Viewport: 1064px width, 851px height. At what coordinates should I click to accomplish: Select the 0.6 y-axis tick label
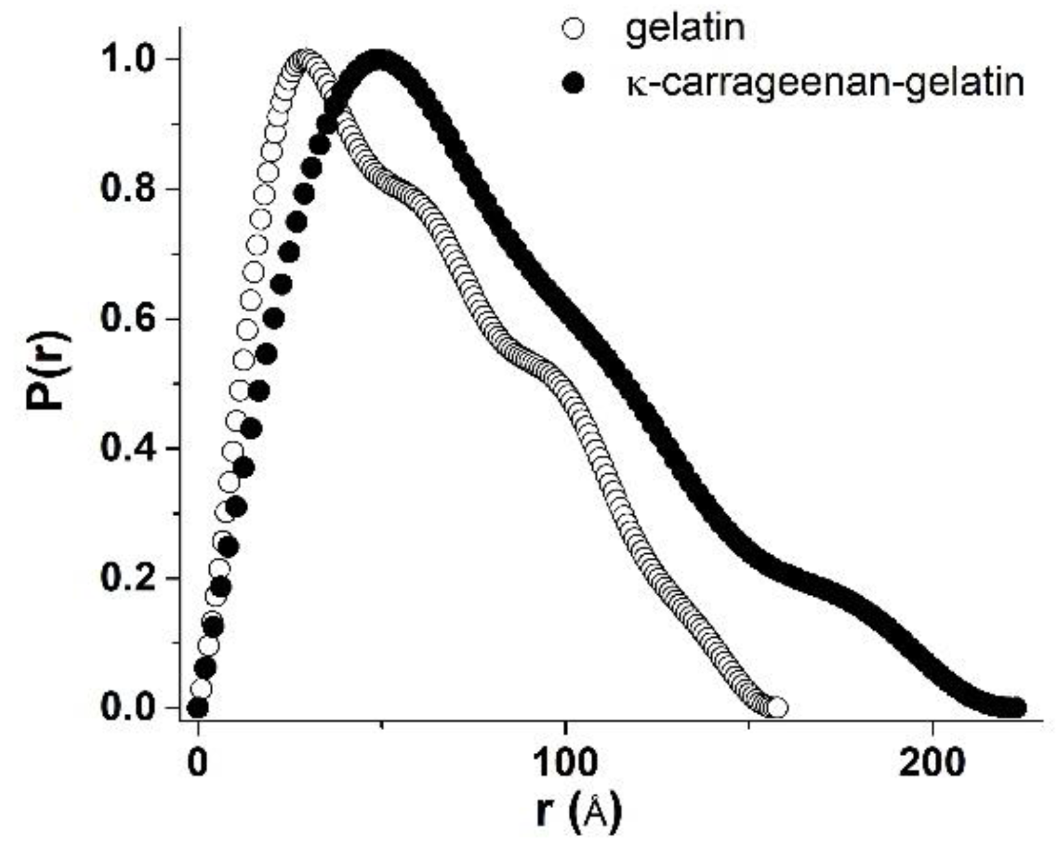127,319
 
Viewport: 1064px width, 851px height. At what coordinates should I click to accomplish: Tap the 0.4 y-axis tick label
127,449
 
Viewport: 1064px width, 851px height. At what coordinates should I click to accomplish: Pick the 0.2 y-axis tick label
127,578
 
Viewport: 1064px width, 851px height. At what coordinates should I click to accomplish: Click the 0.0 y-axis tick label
127,708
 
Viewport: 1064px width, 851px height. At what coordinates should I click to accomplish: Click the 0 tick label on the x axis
198,762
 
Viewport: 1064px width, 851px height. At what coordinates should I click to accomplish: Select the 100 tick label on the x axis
565,762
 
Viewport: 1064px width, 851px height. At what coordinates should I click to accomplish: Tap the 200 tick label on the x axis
932,762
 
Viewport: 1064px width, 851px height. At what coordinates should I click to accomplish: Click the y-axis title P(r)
48,371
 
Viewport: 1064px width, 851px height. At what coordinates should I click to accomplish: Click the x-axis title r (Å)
578,812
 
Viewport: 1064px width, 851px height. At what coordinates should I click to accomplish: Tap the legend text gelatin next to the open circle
684,28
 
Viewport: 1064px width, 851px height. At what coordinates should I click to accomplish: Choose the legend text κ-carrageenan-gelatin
825,82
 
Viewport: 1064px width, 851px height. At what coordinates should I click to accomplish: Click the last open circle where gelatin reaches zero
777,708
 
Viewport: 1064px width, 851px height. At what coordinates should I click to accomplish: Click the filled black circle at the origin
198,708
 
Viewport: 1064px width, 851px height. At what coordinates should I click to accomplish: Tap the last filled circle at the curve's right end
1015,708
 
